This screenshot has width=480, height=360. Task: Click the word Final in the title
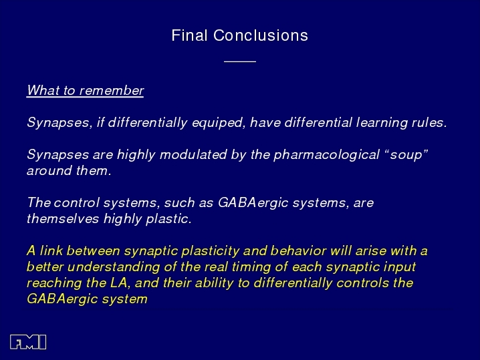pos(189,35)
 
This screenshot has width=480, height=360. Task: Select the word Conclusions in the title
pos(261,35)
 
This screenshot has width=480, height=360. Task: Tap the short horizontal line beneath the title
pos(240,61)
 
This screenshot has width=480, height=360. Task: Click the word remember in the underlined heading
pos(112,90)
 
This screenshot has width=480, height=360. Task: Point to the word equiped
pos(219,123)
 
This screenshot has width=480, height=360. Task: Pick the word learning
pos(382,123)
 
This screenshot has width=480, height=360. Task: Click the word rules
pos(429,122)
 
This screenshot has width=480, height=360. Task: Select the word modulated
pos(193,154)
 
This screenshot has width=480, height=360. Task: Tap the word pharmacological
pos(326,155)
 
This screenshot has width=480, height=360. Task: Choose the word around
pos(49,171)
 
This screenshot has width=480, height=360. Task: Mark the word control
pos(77,202)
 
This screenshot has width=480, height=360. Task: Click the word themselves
pos(63,218)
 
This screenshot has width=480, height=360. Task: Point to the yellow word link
pos(51,251)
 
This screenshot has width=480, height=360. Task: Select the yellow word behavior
pos(298,251)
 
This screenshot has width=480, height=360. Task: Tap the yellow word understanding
pos(114,267)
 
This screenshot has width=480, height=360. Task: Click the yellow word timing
pos(251,267)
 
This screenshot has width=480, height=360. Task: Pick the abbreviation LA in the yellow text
pos(119,283)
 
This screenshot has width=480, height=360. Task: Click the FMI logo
pos(28,342)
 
